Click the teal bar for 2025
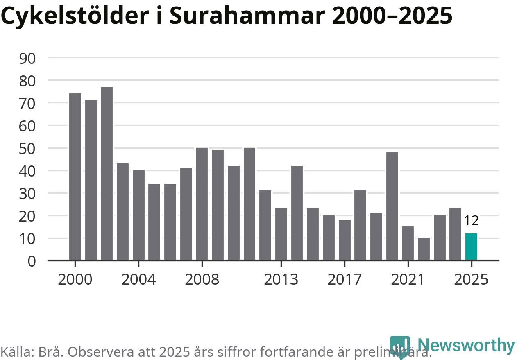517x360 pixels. [x=471, y=247]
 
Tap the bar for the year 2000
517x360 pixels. [x=75, y=177]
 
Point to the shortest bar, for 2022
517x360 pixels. [x=424, y=249]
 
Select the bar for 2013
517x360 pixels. [x=281, y=234]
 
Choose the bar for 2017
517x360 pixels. [x=345, y=240]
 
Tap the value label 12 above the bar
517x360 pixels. [x=471, y=221]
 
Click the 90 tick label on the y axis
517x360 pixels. [x=27, y=58]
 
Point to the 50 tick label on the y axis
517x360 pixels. [x=27, y=148]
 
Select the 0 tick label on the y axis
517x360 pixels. [x=32, y=261]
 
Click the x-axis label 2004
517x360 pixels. [x=138, y=280]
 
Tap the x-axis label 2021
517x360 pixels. [x=408, y=280]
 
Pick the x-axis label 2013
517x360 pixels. [x=281, y=280]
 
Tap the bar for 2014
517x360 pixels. [x=297, y=213]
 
